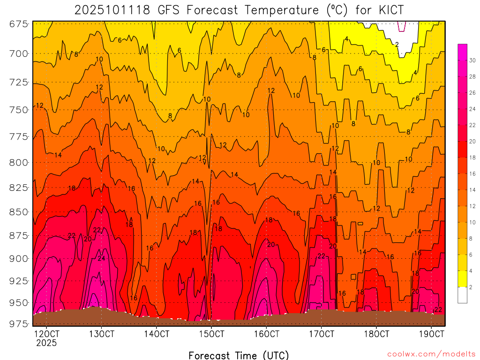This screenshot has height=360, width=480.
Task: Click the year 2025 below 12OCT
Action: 46,343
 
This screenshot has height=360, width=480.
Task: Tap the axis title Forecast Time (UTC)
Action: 239,355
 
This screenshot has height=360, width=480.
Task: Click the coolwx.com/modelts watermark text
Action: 431,354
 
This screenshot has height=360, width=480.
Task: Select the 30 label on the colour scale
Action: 472,60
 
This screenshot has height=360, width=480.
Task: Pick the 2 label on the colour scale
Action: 470,287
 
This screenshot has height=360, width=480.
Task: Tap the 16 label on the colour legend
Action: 472,173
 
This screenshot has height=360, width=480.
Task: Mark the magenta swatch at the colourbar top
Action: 462,48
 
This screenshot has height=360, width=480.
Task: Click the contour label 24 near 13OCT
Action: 101,258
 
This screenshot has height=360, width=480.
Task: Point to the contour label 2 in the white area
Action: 397,45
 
